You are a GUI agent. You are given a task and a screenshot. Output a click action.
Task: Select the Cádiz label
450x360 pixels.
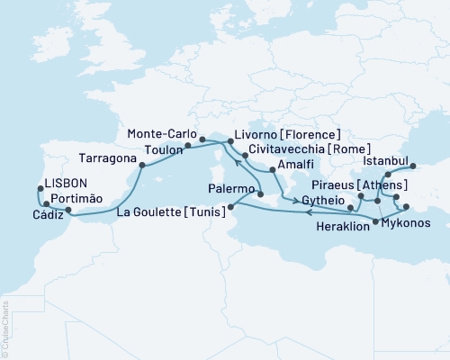click(x=49, y=213)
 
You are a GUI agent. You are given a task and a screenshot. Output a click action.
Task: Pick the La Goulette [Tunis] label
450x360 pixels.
click(x=174, y=212)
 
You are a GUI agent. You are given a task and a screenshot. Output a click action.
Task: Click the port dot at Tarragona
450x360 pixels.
click(x=141, y=164)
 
